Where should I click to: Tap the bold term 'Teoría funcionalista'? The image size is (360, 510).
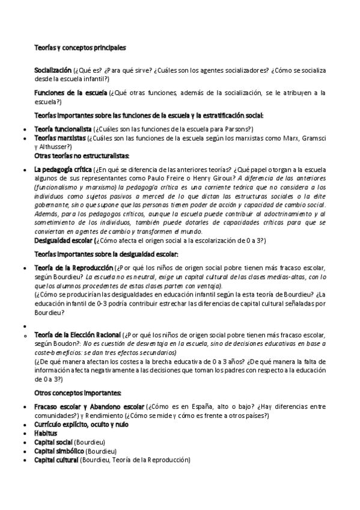(x=63, y=129)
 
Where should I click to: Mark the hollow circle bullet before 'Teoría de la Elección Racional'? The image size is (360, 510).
(x=23, y=334)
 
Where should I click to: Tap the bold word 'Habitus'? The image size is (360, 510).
(x=46, y=433)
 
